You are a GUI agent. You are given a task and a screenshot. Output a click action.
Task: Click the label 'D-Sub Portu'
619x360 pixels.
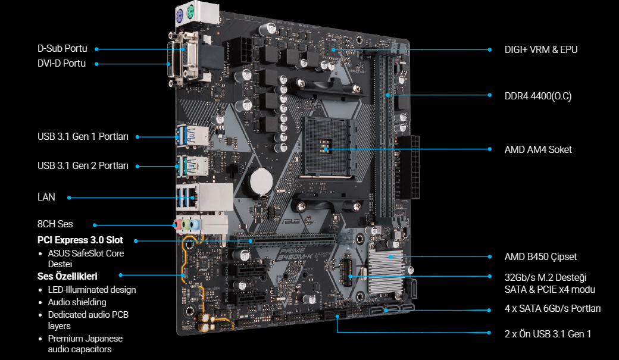click(x=62, y=49)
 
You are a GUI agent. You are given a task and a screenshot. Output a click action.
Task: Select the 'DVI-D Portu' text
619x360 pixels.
click(x=61, y=64)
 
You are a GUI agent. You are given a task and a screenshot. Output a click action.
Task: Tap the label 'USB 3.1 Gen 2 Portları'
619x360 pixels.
click(x=83, y=166)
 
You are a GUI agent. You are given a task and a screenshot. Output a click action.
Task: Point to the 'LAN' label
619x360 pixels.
click(x=46, y=197)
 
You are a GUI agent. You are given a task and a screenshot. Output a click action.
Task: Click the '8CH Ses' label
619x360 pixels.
click(x=55, y=224)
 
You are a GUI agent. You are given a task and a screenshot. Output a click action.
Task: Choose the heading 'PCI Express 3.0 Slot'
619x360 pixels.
click(x=80, y=240)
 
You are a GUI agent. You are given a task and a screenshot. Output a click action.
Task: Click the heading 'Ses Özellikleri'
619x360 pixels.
click(x=67, y=276)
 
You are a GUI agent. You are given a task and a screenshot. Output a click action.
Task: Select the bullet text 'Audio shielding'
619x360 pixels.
click(x=77, y=302)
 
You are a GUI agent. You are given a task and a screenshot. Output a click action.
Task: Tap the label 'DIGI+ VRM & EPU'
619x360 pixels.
click(x=541, y=49)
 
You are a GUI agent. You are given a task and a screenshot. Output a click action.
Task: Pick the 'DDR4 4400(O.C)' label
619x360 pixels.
click(x=538, y=96)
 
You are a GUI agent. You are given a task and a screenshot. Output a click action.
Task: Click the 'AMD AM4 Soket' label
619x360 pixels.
click(x=538, y=149)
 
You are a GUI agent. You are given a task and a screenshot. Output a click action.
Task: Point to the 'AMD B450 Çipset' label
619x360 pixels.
click(x=540, y=257)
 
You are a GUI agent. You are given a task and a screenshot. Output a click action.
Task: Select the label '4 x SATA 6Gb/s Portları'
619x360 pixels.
click(x=553, y=308)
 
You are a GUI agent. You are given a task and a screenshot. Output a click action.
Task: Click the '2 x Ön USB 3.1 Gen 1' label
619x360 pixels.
click(x=548, y=334)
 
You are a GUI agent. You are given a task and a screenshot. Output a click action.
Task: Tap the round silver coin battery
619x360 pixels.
click(x=261, y=181)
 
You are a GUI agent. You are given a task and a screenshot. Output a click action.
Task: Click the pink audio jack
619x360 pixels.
click(x=178, y=225)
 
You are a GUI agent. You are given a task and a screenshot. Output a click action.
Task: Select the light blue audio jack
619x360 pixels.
click(x=193, y=225)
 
